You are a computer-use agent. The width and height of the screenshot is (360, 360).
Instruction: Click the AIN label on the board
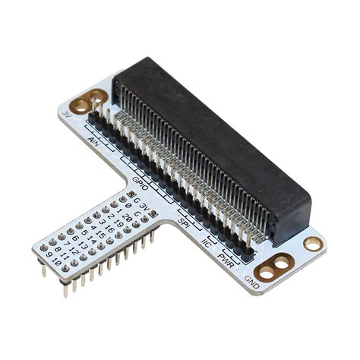(x=95, y=142)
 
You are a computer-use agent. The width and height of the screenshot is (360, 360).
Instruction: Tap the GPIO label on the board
(x=140, y=182)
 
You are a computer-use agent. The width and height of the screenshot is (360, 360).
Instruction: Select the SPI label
(x=183, y=221)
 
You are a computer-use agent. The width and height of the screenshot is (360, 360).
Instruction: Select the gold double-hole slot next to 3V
(x=88, y=99)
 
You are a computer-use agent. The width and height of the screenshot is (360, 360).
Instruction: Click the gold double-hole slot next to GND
(x=274, y=265)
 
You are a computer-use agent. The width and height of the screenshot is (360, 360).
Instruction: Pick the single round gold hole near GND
(x=312, y=244)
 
